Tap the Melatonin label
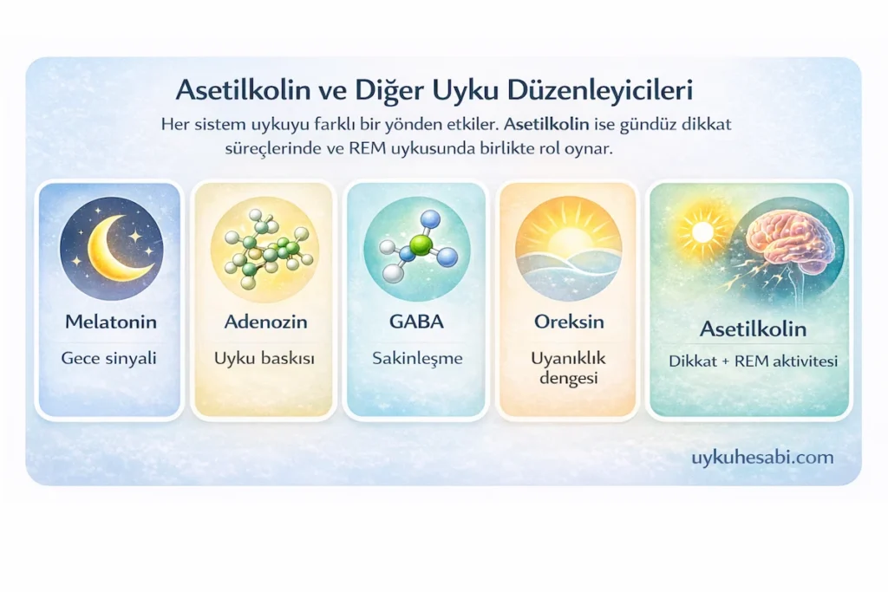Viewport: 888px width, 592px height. tap(110, 322)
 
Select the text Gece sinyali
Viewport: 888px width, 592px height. tap(108, 357)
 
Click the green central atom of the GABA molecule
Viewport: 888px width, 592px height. tap(420, 245)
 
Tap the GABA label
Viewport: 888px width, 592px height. tap(416, 322)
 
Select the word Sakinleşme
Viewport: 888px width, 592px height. tap(417, 357)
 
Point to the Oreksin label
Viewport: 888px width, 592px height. tap(569, 322)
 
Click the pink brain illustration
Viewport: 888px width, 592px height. tap(785, 238)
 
